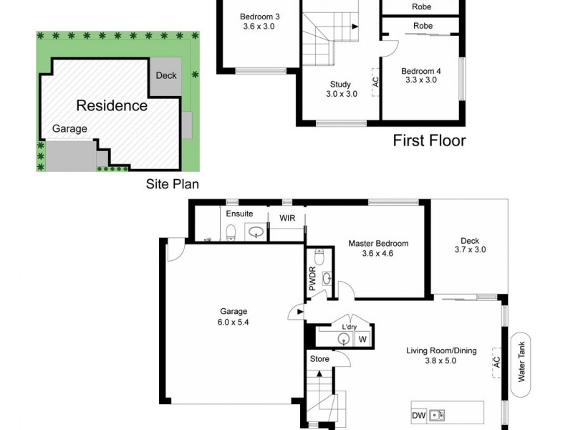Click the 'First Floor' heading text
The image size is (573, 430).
click(x=429, y=140)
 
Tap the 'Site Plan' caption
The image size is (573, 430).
click(x=172, y=183)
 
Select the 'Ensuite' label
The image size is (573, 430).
click(x=239, y=214)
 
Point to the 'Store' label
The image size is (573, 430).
click(x=319, y=358)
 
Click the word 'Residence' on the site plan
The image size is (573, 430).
click(x=112, y=106)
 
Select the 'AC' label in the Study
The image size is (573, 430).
click(x=375, y=79)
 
